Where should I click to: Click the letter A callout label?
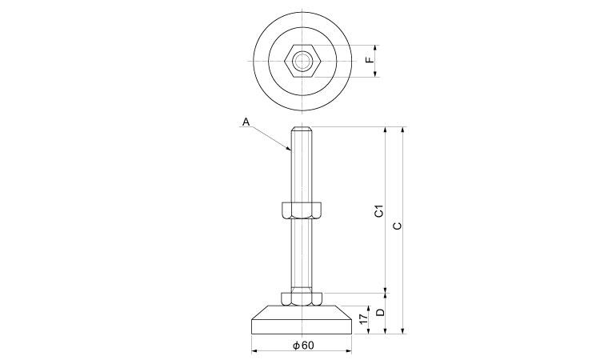[246, 122]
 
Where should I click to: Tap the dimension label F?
[370, 60]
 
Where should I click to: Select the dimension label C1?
[379, 211]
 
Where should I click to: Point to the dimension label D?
[380, 313]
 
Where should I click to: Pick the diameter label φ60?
[303, 346]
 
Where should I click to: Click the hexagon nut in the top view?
[302, 61]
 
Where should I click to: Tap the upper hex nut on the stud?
[302, 210]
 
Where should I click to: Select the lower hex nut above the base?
[302, 299]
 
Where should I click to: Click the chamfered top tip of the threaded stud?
[302, 129]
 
